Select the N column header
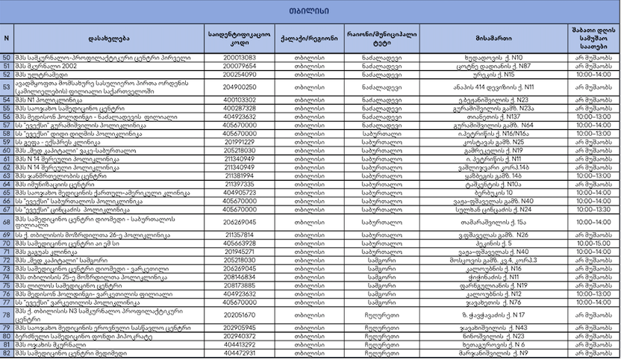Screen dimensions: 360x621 pyautogui.click(x=7, y=37)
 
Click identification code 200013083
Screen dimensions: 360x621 pyautogui.click(x=240, y=58)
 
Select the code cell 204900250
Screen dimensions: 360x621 pyautogui.click(x=240, y=87)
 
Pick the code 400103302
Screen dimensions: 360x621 pyautogui.click(x=240, y=99)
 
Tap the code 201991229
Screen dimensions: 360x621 pyautogui.click(x=240, y=142)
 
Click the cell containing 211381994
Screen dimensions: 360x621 pyautogui.click(x=240, y=176)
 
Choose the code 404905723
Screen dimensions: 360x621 pyautogui.click(x=240, y=193)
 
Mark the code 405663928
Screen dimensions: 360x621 pyautogui.click(x=240, y=243)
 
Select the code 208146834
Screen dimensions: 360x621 pyautogui.click(x=240, y=276)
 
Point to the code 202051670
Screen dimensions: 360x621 pyautogui.click(x=240, y=314)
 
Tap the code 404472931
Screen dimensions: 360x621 pyautogui.click(x=240, y=353)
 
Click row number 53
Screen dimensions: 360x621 pyautogui.click(x=7, y=87)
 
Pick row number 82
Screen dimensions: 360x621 pyautogui.click(x=7, y=353)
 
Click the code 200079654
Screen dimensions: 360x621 pyautogui.click(x=240, y=66)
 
